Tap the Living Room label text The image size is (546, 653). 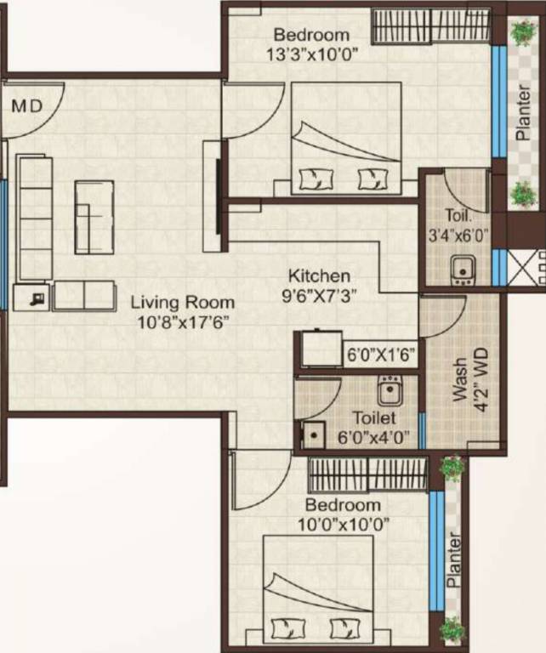pyautogui.click(x=183, y=302)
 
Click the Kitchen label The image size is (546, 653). pyautogui.click(x=319, y=275)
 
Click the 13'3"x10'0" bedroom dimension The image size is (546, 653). pyautogui.click(x=311, y=53)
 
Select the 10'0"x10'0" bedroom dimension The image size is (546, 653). pyautogui.click(x=345, y=525)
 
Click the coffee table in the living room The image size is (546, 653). pyautogui.click(x=94, y=217)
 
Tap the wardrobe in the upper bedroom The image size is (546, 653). pyautogui.click(x=430, y=26)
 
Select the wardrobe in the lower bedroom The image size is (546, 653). pyautogui.click(x=367, y=474)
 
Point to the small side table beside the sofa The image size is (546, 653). pyautogui.click(x=32, y=298)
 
